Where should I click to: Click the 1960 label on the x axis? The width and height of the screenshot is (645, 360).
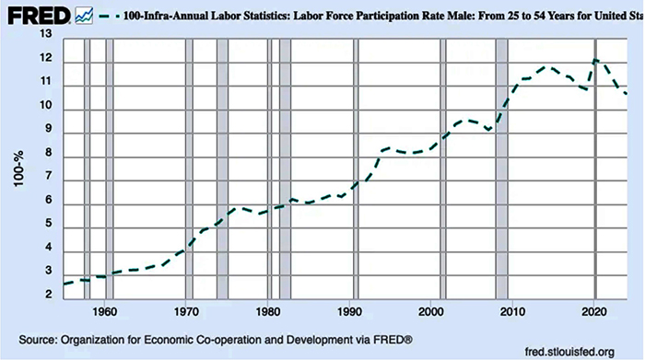click(104, 309)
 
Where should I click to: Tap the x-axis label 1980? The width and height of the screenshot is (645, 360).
click(267, 309)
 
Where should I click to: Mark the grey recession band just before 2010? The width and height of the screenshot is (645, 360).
click(501, 166)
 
